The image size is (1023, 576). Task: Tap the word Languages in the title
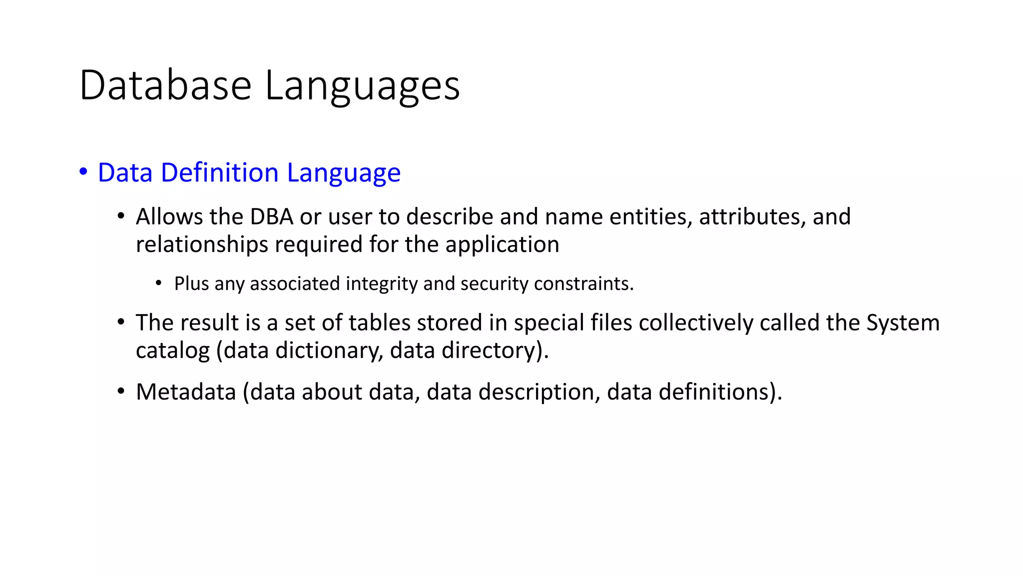click(x=362, y=86)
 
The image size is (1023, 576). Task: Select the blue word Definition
click(x=220, y=172)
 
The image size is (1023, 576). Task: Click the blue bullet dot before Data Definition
click(x=83, y=171)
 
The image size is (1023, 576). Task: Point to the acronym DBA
click(x=271, y=216)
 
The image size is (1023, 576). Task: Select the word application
click(x=502, y=244)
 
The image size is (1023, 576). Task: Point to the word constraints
click(x=583, y=283)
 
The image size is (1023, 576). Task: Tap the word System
click(x=903, y=322)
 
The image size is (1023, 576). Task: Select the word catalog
click(x=172, y=350)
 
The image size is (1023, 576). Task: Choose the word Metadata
click(x=186, y=391)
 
